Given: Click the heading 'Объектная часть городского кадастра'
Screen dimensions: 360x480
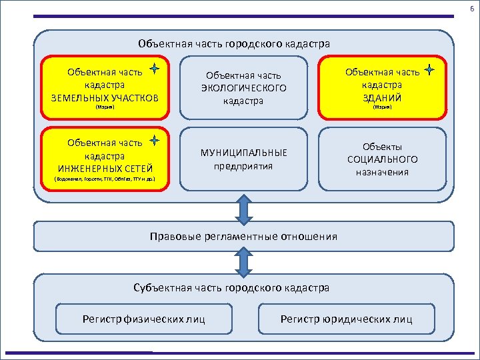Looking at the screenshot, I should (234, 44).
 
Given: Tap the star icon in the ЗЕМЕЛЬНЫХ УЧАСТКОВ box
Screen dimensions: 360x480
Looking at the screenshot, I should (154, 68).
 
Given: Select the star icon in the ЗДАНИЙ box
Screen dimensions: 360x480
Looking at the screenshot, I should (429, 69).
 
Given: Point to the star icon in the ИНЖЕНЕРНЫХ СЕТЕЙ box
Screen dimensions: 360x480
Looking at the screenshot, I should (154, 140).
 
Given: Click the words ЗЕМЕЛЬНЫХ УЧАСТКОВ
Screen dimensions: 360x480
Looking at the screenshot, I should (105, 98).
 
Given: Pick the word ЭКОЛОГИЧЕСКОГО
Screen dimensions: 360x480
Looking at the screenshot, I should (244, 88).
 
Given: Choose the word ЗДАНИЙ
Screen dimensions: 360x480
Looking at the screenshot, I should (382, 97).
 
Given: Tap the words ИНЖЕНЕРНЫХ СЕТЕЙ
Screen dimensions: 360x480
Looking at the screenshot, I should (105, 169).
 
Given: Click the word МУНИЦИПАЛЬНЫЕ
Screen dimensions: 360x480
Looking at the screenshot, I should (244, 153).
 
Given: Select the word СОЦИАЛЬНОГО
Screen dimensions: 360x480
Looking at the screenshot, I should (382, 159).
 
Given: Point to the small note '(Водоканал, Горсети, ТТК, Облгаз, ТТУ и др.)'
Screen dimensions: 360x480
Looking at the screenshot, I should (105, 180).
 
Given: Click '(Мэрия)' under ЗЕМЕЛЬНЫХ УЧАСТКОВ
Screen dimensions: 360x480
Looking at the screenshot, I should (105, 107).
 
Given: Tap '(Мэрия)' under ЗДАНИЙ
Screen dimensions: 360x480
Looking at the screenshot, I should (382, 107).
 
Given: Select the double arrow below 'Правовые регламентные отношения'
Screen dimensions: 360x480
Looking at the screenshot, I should (244, 261).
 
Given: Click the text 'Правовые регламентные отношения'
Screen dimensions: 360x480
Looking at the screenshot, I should (243, 237).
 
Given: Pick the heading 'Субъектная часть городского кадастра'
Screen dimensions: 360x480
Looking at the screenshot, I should (231, 287).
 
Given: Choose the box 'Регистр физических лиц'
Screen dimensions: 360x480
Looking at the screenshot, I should (144, 319).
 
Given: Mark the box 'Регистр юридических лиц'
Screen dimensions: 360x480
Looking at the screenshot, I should (346, 319).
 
